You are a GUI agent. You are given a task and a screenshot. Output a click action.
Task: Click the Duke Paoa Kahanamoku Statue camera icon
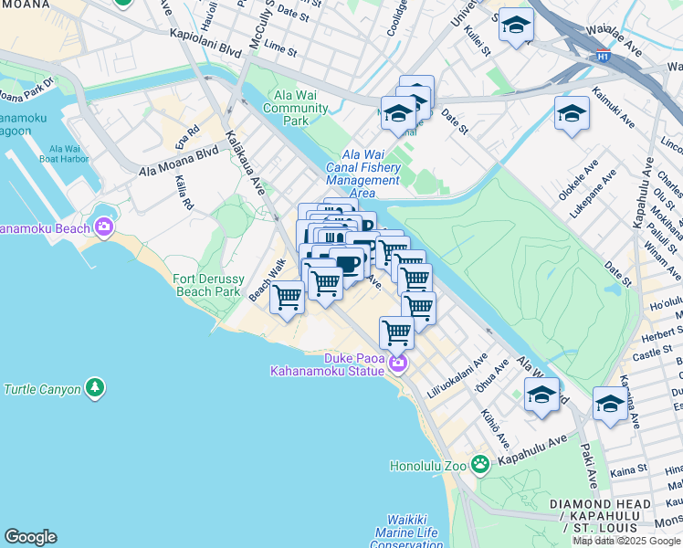tap(397, 364)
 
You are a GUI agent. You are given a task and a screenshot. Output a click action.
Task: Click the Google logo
tap(30, 537)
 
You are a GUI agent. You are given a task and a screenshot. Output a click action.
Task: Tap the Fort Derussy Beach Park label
tap(208, 284)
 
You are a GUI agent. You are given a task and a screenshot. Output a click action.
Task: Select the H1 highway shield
tap(603, 57)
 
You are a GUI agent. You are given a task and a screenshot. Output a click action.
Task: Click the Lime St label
tap(273, 44)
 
